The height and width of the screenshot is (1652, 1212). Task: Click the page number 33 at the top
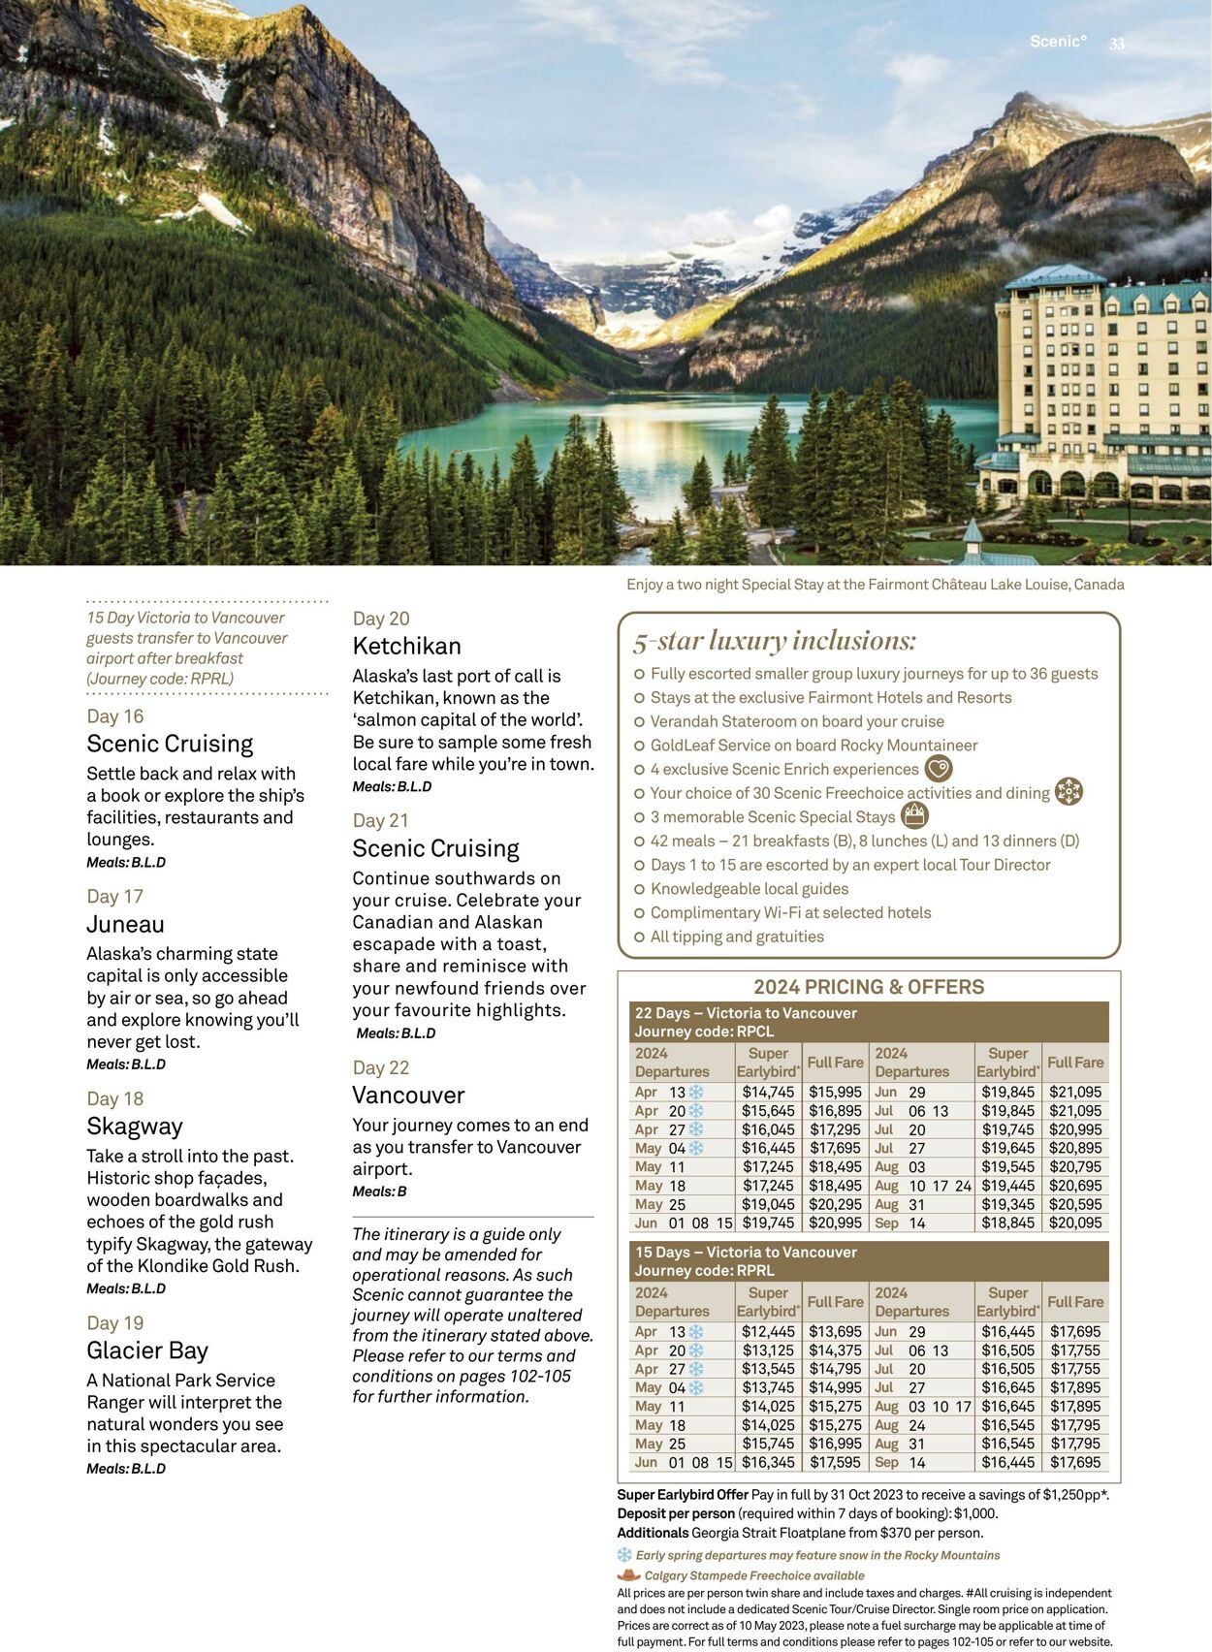pyautogui.click(x=1117, y=44)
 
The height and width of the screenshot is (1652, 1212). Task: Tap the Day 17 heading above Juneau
pyautogui.click(x=114, y=897)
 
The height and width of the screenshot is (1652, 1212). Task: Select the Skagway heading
pyautogui.click(x=134, y=1127)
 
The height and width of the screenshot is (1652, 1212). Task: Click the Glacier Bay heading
pyautogui.click(x=147, y=1350)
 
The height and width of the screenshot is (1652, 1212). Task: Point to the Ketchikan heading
pyautogui.click(x=406, y=647)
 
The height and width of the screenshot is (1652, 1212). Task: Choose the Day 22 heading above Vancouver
pyautogui.click(x=380, y=1067)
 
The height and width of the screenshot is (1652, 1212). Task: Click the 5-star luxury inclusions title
pyautogui.click(x=774, y=641)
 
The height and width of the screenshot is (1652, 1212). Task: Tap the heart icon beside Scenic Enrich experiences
pyautogui.click(x=938, y=769)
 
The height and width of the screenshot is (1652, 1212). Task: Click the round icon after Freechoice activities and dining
pyautogui.click(x=1068, y=792)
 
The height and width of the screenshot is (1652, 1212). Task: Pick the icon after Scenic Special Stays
pyautogui.click(x=914, y=816)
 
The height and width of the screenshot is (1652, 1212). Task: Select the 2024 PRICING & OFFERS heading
pyautogui.click(x=869, y=987)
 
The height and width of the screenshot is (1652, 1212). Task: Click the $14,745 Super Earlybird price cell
pyautogui.click(x=768, y=1092)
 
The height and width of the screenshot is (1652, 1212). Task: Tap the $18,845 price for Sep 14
pyautogui.click(x=1007, y=1223)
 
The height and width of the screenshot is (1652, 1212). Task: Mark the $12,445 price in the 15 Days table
pyautogui.click(x=768, y=1332)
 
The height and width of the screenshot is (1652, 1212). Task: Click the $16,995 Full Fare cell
pyautogui.click(x=835, y=1444)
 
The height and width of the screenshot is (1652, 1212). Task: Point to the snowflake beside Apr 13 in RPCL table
pyautogui.click(x=696, y=1092)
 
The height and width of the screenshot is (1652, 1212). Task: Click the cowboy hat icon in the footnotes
pyautogui.click(x=629, y=1575)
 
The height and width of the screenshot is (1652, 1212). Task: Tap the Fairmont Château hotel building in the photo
pyautogui.click(x=1100, y=388)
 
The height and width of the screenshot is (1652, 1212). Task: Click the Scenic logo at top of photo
pyautogui.click(x=1058, y=42)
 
